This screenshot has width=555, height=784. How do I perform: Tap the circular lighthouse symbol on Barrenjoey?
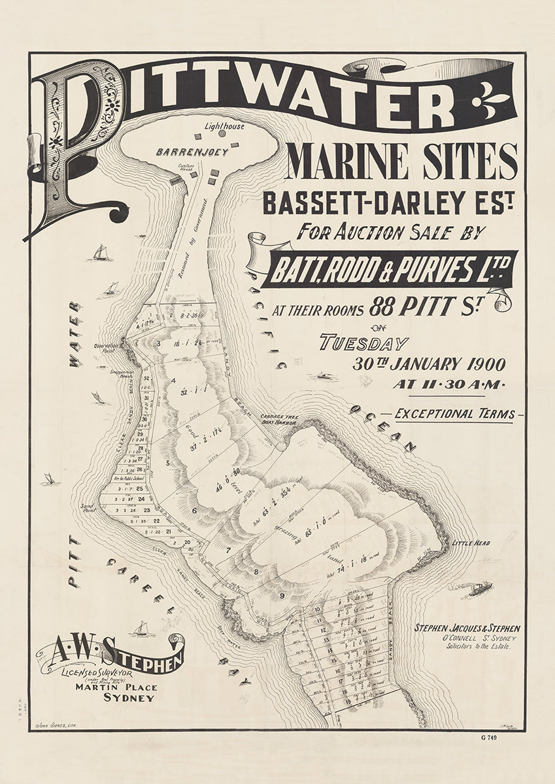pos(222,133)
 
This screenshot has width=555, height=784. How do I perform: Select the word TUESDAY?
pos(363,343)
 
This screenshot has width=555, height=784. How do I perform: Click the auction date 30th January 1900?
pos(428,365)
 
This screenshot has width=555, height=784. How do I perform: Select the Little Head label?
pos(470,543)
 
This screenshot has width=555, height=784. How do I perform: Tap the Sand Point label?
pos(88,506)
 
